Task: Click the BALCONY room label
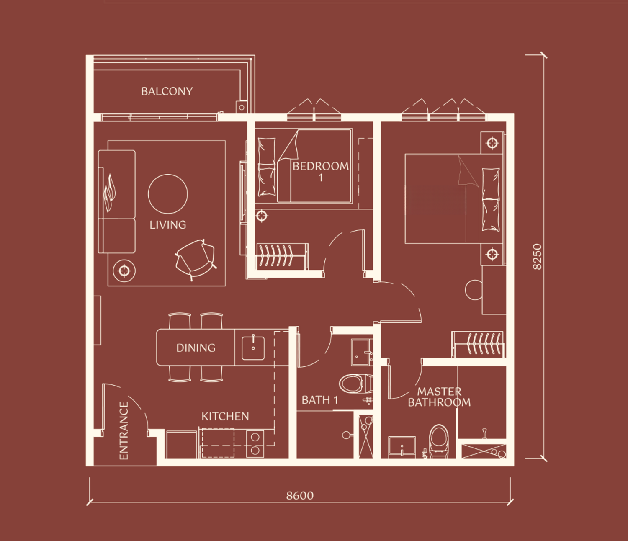click(x=167, y=91)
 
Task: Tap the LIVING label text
click(x=168, y=225)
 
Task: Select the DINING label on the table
click(x=196, y=348)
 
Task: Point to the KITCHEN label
click(x=225, y=416)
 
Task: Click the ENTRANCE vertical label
click(x=124, y=431)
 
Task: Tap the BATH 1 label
click(x=319, y=400)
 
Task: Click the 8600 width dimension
click(x=300, y=496)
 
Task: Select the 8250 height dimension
click(x=537, y=257)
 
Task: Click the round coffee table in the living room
click(x=168, y=194)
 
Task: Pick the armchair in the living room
click(x=196, y=259)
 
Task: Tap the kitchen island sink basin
click(x=253, y=348)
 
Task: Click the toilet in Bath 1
click(x=355, y=384)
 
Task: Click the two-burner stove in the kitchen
click(x=255, y=444)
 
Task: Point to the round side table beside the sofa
click(x=124, y=270)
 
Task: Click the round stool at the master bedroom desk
click(x=474, y=290)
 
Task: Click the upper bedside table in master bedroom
click(x=492, y=143)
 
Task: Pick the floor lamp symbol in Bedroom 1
click(x=262, y=216)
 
